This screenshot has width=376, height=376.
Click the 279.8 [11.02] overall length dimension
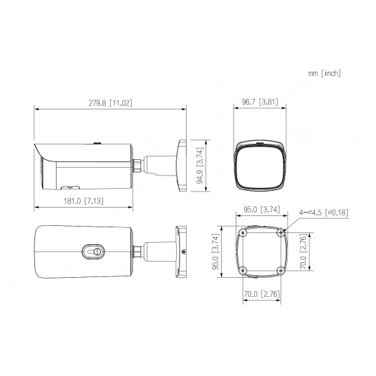(111, 103)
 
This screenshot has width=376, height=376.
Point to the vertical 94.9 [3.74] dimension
(199, 166)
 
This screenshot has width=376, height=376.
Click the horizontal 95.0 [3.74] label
(261, 208)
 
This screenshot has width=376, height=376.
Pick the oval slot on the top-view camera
(93, 250)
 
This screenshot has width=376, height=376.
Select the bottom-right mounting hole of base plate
(281, 271)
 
